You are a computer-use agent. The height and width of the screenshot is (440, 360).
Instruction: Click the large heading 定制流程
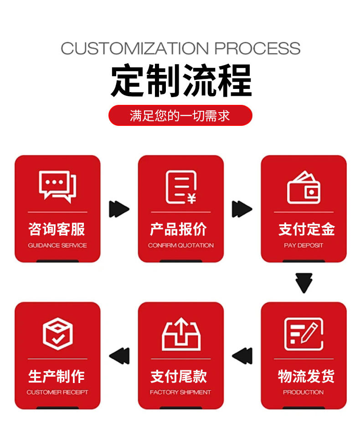pyautogui.click(x=180, y=81)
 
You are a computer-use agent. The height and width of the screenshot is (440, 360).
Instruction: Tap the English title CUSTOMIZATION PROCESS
pyautogui.click(x=180, y=48)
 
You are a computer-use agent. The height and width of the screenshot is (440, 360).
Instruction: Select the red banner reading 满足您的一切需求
pyautogui.click(x=180, y=115)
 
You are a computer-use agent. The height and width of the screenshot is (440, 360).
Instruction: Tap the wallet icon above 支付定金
pyautogui.click(x=303, y=187)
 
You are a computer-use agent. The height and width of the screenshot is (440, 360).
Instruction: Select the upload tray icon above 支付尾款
pyautogui.click(x=181, y=334)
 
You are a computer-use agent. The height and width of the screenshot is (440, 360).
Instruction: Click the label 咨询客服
pyautogui.click(x=57, y=229)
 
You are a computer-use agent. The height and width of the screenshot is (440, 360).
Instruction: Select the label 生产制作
pyautogui.click(x=57, y=376)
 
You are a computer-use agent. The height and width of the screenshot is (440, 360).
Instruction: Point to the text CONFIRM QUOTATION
pyautogui.click(x=180, y=245)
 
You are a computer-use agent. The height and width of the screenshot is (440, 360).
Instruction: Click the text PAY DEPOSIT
pyautogui.click(x=303, y=245)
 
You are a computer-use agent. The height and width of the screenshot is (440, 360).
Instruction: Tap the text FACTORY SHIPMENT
pyautogui.click(x=180, y=392)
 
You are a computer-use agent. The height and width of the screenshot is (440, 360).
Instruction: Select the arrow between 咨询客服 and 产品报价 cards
pyautogui.click(x=119, y=209)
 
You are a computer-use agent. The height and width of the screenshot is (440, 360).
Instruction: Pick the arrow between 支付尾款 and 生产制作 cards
pyautogui.click(x=119, y=356)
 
